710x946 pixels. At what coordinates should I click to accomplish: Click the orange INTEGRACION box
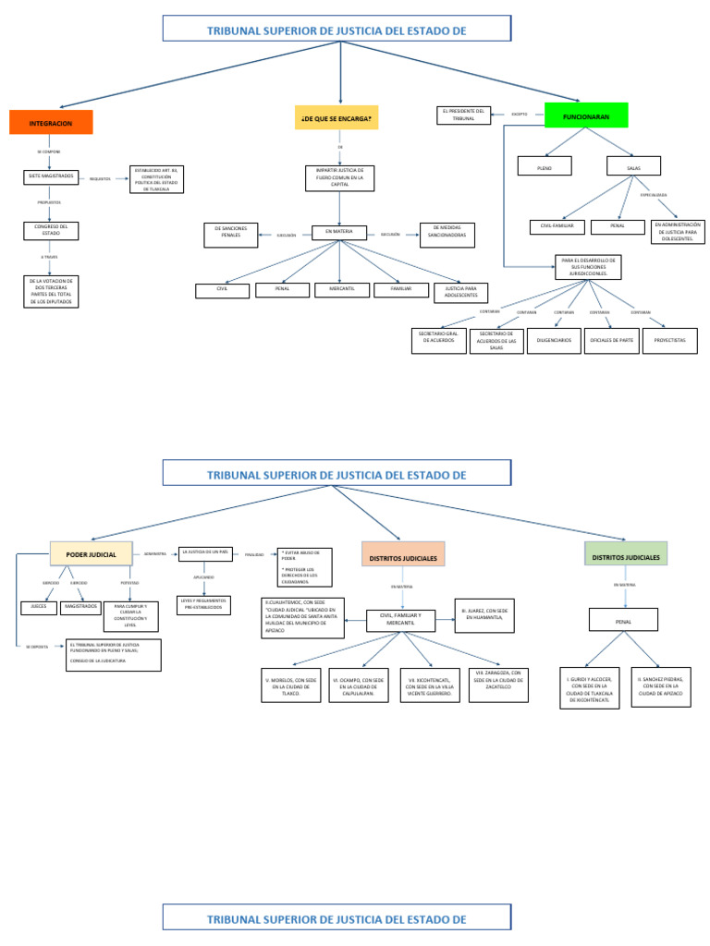pos(52,123)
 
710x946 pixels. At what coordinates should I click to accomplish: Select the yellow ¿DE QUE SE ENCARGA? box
pos(337,118)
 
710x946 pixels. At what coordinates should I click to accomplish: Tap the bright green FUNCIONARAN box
pos(586,115)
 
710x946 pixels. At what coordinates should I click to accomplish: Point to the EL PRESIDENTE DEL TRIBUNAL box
pos(464,115)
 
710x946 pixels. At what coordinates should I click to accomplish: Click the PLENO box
pos(544,166)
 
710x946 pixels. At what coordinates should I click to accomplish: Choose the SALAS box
pos(633,166)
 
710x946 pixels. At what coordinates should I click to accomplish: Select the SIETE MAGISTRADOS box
pos(51,176)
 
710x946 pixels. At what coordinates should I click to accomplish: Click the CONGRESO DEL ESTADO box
pos(51,231)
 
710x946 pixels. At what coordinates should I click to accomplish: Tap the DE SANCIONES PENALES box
pos(230,236)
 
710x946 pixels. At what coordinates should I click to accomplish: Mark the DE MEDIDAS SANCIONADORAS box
pos(447,236)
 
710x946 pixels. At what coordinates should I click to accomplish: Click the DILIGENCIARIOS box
pos(554,341)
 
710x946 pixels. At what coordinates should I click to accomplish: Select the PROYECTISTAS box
pos(669,341)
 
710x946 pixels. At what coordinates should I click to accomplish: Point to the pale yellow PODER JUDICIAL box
pos(92,554)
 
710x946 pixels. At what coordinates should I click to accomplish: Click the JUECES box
pos(39,607)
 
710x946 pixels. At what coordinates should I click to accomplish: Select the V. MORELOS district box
pos(291,685)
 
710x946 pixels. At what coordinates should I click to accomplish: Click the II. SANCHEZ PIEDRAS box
pos(661,687)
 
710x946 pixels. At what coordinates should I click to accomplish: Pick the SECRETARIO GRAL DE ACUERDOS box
pos(438,341)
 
